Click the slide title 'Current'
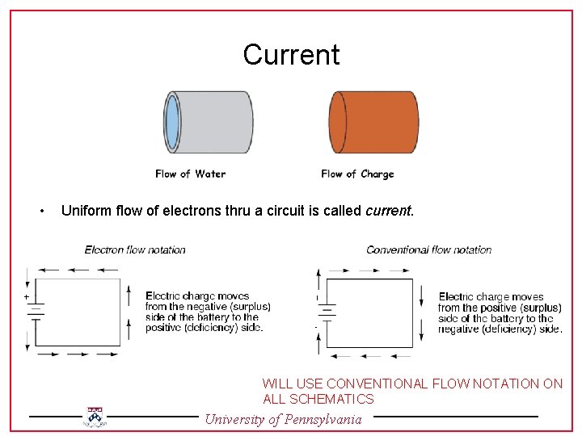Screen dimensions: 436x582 point(291,55)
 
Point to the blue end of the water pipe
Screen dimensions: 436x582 point(172,123)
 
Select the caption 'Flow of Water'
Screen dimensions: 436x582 point(191,174)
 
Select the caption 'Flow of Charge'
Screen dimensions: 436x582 point(357,174)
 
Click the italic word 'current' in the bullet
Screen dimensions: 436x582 point(389,212)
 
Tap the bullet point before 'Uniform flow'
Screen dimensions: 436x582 point(41,212)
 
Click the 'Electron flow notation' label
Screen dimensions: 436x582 point(135,249)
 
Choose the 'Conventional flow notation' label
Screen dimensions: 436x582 point(429,249)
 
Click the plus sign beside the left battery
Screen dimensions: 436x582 point(26,297)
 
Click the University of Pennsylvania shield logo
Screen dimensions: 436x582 point(95,417)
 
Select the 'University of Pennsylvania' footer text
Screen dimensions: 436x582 point(283,419)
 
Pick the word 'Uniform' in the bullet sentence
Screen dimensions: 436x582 point(87,212)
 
